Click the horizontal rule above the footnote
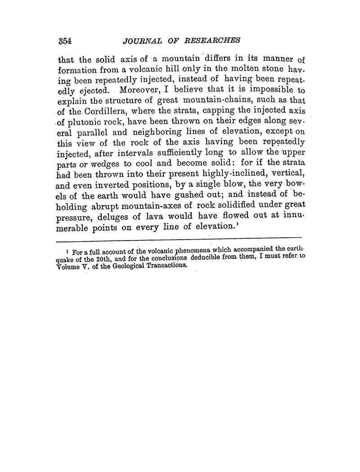[x=180, y=237]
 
